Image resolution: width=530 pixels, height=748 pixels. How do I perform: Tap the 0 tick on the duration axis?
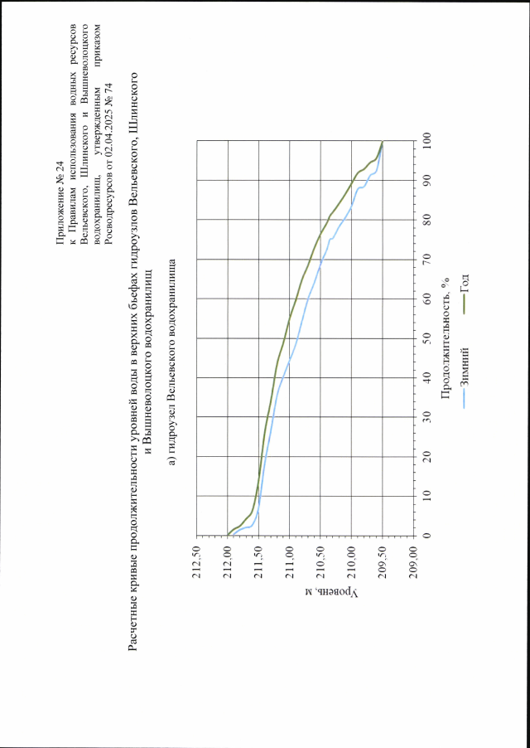(427, 535)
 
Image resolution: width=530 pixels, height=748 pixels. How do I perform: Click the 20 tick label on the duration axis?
(427, 456)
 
